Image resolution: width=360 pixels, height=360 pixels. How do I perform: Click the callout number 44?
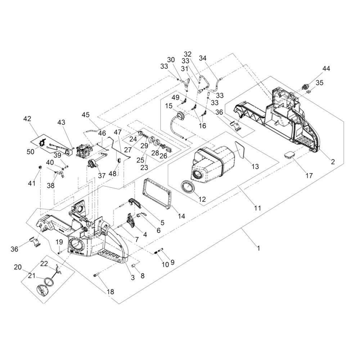click(x=326, y=68)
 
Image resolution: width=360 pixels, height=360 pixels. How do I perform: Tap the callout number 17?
click(x=309, y=176)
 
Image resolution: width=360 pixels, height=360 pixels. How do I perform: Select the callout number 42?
click(x=27, y=119)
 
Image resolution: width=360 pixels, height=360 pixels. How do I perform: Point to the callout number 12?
click(x=202, y=199)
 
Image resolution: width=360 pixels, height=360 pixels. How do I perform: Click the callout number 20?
click(x=18, y=267)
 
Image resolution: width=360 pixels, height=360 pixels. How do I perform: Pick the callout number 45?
click(x=85, y=114)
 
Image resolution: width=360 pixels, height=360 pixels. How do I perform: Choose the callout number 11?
click(x=258, y=208)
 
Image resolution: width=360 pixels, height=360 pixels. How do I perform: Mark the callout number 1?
click(x=258, y=248)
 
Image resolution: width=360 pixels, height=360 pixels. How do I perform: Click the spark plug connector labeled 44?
click(x=306, y=87)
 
